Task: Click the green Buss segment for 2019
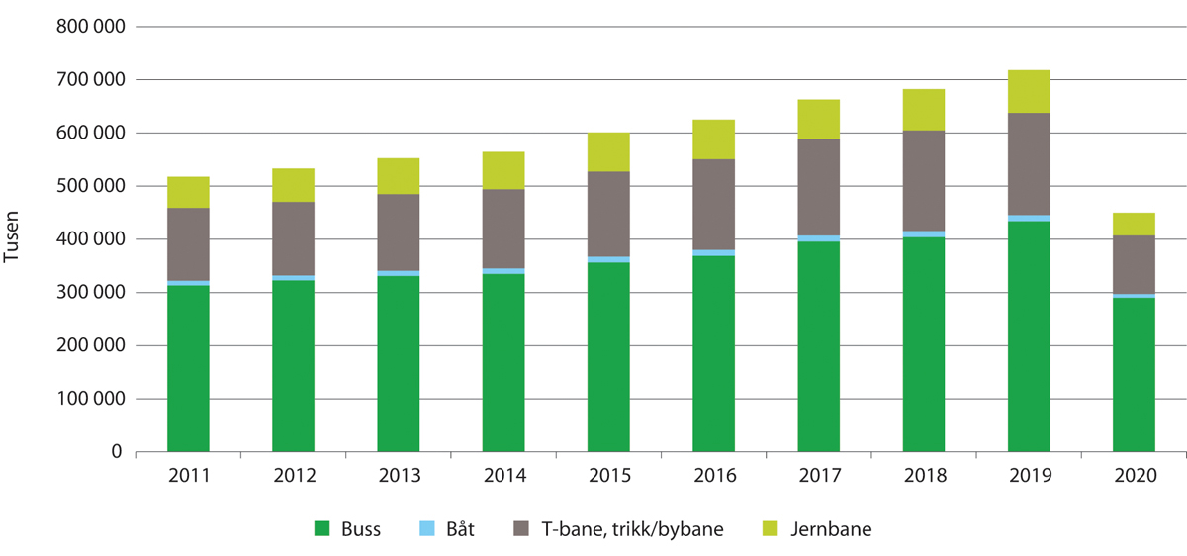[x=1029, y=336]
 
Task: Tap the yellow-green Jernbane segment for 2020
[x=1134, y=224]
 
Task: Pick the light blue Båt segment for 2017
[x=818, y=238]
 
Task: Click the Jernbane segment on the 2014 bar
[x=503, y=170]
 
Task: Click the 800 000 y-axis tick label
[x=90, y=27]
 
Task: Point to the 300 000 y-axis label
[x=90, y=293]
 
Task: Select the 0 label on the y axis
[x=116, y=452]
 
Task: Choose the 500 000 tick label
[x=90, y=186]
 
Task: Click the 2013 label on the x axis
[x=399, y=475]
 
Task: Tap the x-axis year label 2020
[x=1134, y=475]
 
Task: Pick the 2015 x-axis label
[x=608, y=475]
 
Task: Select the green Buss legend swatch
[x=321, y=529]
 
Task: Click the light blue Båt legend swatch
[x=426, y=529]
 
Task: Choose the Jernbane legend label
[x=832, y=529]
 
